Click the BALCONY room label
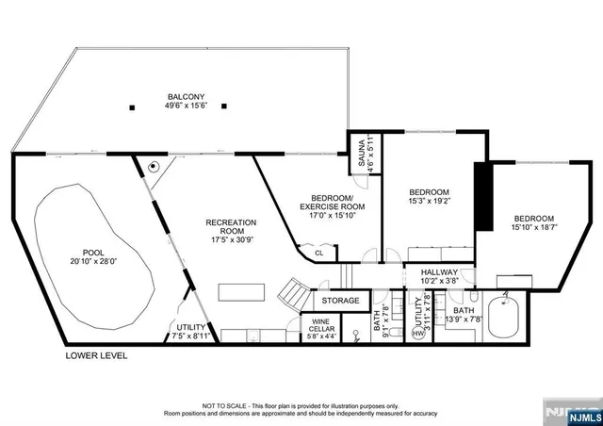(187, 96)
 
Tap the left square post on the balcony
(134, 106)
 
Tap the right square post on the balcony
(224, 106)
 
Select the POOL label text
(93, 252)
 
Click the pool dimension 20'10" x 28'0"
(93, 262)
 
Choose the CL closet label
(319, 253)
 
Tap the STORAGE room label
(340, 301)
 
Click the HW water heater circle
(418, 333)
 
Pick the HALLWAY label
(439, 271)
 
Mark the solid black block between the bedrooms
(485, 197)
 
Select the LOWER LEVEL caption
(96, 355)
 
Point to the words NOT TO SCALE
(230, 403)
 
